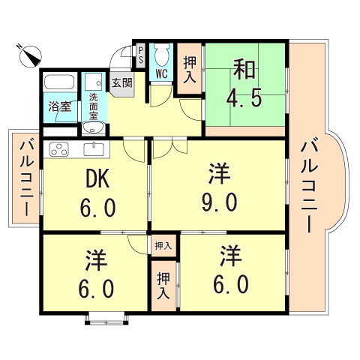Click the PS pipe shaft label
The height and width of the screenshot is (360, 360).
point(139,56)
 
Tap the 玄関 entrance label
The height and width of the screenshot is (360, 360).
point(121,83)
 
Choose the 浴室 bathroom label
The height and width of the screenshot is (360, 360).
point(60,106)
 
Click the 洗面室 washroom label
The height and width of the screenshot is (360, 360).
point(94,106)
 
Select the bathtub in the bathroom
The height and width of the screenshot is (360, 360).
point(58,84)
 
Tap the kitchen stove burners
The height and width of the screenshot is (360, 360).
point(58,148)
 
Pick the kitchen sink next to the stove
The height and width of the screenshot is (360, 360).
point(93,148)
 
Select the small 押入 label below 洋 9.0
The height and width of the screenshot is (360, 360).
point(163,245)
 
